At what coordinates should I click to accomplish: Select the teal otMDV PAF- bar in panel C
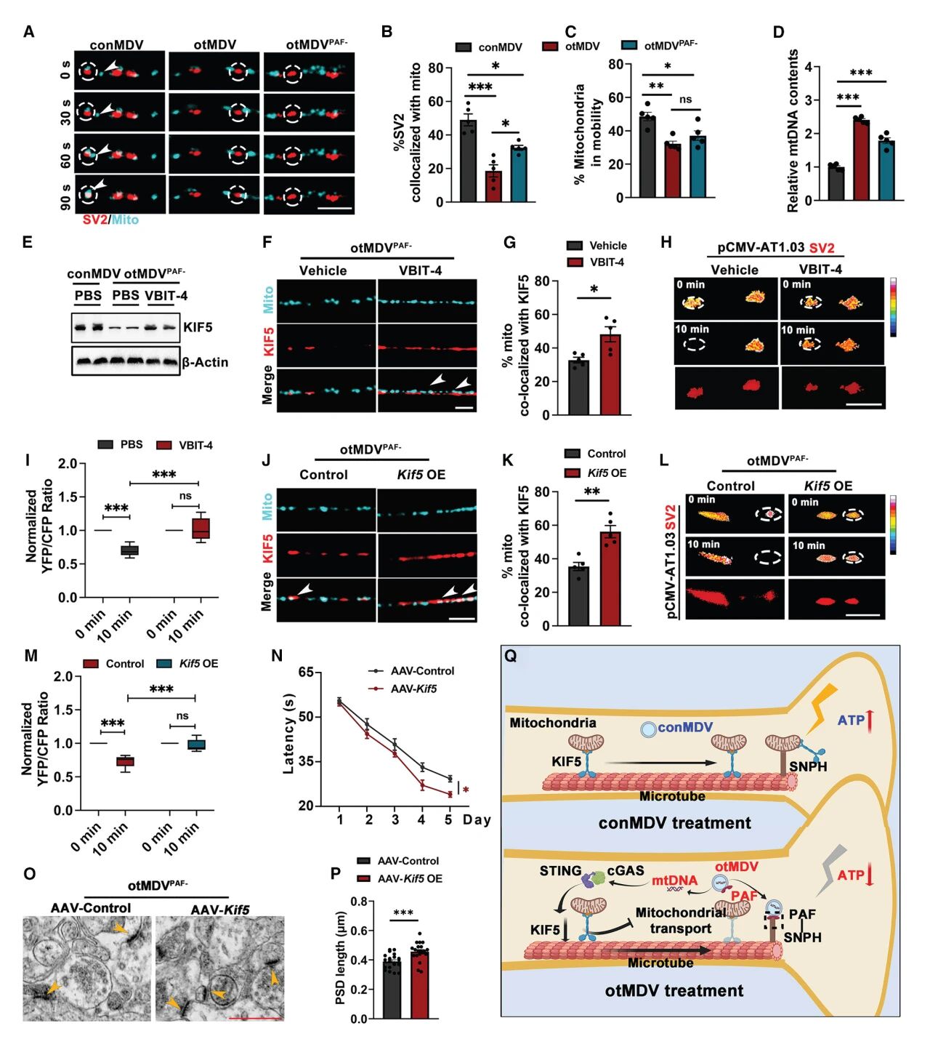coord(697,167)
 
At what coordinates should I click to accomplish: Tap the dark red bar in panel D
coord(861,160)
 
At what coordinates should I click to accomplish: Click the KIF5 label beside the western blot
coord(198,327)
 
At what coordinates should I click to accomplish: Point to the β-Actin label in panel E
coord(205,362)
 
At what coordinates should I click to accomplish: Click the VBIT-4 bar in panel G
coord(611,375)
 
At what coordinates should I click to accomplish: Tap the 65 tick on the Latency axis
coord(306,673)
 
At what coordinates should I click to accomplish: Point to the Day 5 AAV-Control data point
coord(450,779)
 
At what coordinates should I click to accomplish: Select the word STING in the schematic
coord(560,870)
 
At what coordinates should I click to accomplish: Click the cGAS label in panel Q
coord(626,870)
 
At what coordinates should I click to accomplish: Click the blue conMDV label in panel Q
coord(685,727)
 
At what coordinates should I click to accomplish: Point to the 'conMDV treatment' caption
coord(674,823)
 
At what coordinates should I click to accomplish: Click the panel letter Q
coord(511,656)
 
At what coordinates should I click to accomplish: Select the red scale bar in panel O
coord(255,1018)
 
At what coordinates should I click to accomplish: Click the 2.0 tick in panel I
coord(68,464)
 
